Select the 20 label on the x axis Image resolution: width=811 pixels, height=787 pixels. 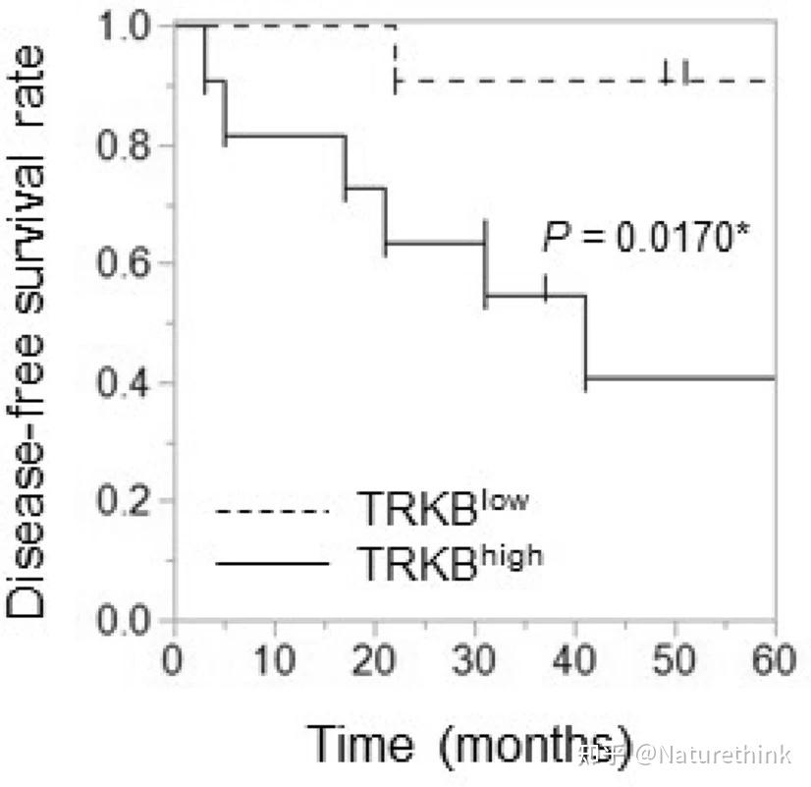375,660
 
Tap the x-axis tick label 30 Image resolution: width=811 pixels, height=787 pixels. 475,660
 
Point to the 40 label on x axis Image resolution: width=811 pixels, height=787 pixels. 575,660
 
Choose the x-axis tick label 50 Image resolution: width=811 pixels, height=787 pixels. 676,660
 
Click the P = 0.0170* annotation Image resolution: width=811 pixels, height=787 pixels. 645,237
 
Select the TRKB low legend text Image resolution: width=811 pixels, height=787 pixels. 442,510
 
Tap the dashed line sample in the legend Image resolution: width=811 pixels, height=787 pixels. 272,512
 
